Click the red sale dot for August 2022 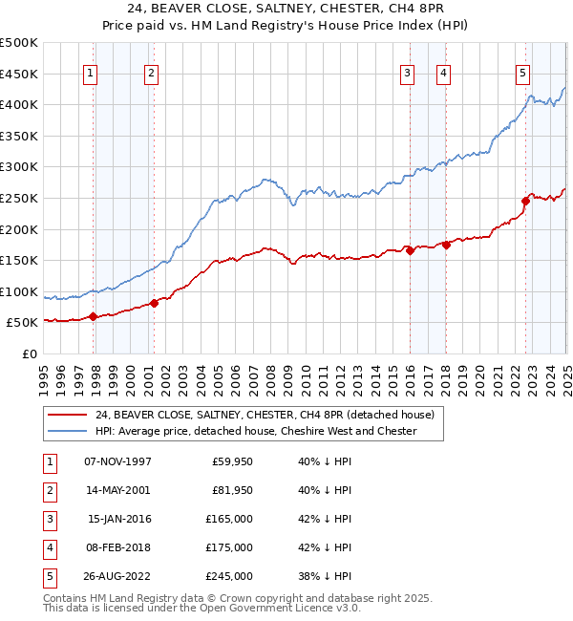click(x=525, y=201)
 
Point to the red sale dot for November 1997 click(x=93, y=316)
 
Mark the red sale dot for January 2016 click(x=410, y=251)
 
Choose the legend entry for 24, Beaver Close click(x=265, y=415)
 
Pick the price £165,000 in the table click(x=230, y=519)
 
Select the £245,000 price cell click(x=230, y=576)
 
